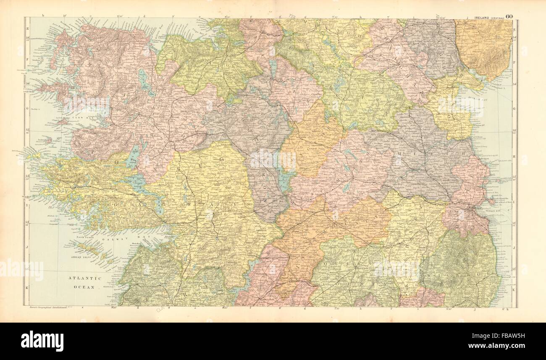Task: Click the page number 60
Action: (509, 17)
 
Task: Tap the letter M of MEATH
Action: (401, 155)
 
